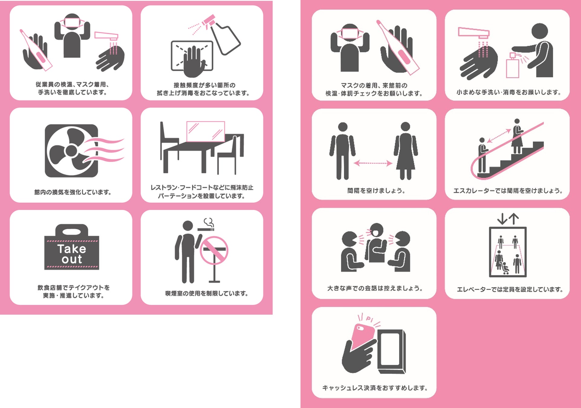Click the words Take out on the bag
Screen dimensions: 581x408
72,254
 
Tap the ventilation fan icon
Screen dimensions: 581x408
72,151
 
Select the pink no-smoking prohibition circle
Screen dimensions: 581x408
214,251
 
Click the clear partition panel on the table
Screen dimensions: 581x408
206,131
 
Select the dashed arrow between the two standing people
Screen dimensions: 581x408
373,163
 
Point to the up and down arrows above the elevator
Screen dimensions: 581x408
508,219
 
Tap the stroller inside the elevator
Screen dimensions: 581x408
505,268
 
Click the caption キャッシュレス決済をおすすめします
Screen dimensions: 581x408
375,388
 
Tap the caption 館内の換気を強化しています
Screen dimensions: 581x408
73,192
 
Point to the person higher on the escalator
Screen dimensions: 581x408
517,136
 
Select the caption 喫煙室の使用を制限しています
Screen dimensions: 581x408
206,293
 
